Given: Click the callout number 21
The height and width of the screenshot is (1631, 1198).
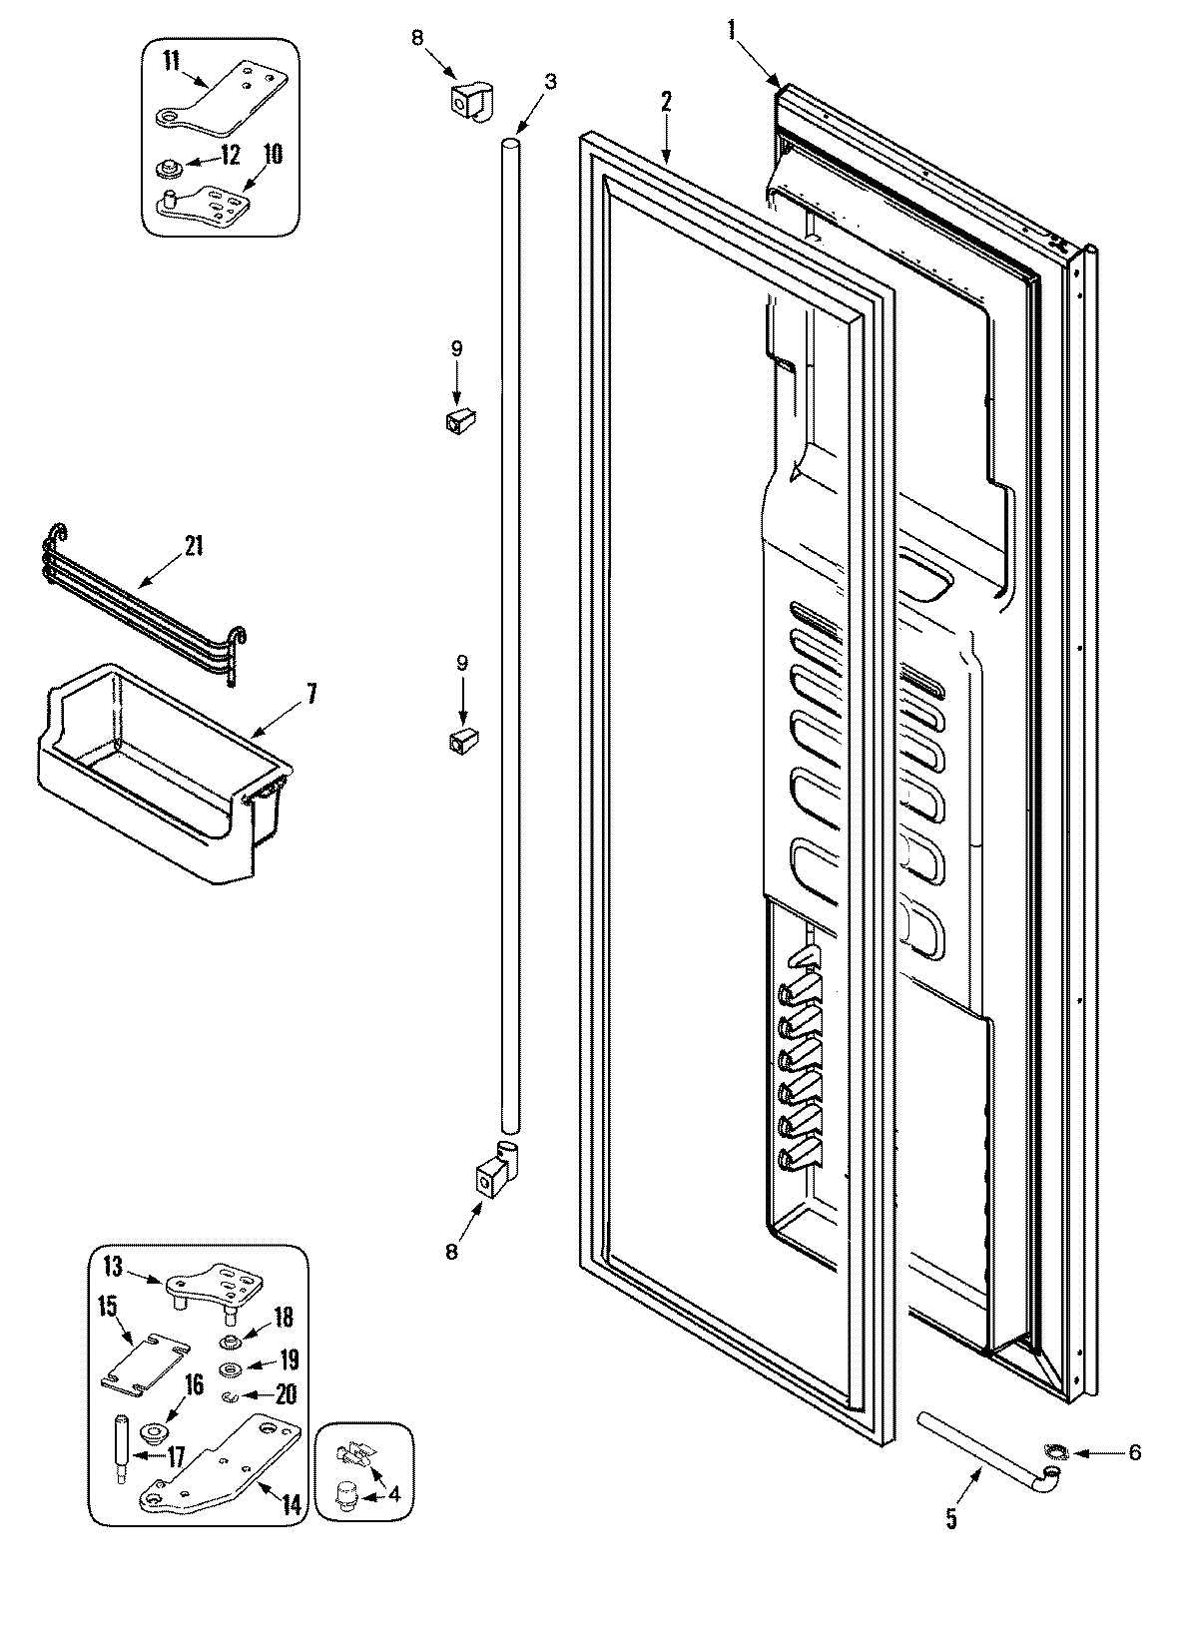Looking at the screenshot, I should (x=192, y=545).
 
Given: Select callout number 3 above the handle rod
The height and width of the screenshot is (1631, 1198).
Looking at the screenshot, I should (x=550, y=81).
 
